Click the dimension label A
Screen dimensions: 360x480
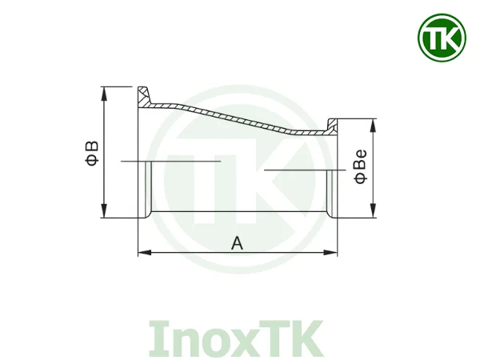coord(237,242)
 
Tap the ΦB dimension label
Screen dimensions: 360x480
coord(92,152)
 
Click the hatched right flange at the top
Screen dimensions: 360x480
coord(333,126)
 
